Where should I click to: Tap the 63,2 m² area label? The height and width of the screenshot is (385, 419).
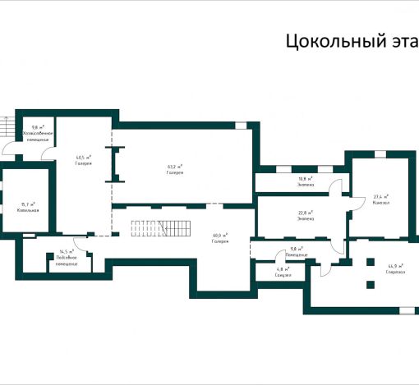click(x=174, y=167)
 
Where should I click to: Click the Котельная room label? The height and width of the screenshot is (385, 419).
click(x=28, y=210)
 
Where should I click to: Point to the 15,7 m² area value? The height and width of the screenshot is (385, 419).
click(x=28, y=204)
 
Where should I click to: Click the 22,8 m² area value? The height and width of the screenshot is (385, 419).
click(x=305, y=213)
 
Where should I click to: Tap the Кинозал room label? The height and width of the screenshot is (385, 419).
click(x=381, y=202)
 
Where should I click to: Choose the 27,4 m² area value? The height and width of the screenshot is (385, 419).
click(x=381, y=196)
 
